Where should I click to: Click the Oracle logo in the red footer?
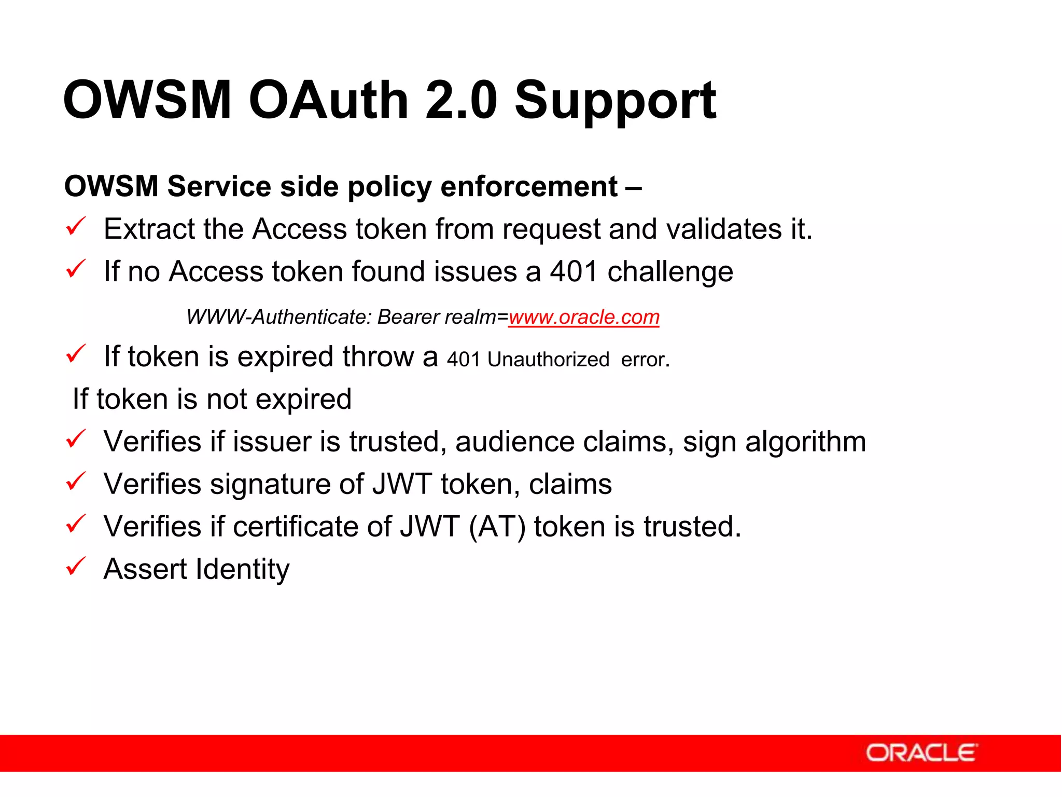pyautogui.click(x=921, y=753)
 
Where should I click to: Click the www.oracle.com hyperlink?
pyautogui.click(x=584, y=317)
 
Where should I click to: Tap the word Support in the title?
pyautogui.click(x=615, y=101)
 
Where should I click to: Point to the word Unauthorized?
pyautogui.click(x=548, y=360)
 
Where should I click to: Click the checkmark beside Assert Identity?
pyautogui.click(x=76, y=567)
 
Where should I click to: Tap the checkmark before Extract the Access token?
pyautogui.click(x=76, y=227)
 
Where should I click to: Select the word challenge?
pyautogui.click(x=670, y=272)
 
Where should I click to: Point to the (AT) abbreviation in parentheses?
pyautogui.click(x=497, y=527)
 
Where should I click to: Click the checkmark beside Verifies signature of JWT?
pyautogui.click(x=76, y=482)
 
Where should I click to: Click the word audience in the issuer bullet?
pyautogui.click(x=514, y=442)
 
